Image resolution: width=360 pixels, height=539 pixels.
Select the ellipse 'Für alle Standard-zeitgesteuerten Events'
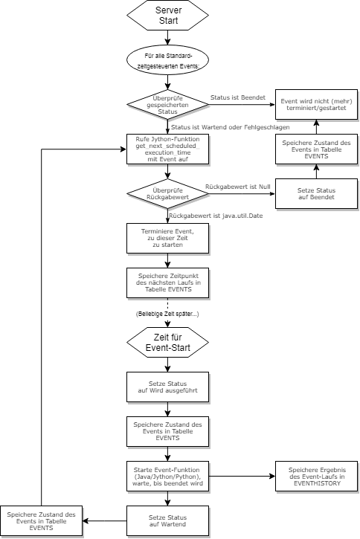click(x=167, y=62)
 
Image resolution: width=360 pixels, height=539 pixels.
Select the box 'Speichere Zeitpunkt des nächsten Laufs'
click(x=167, y=283)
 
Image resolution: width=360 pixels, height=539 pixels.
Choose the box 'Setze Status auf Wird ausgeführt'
click(x=167, y=386)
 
